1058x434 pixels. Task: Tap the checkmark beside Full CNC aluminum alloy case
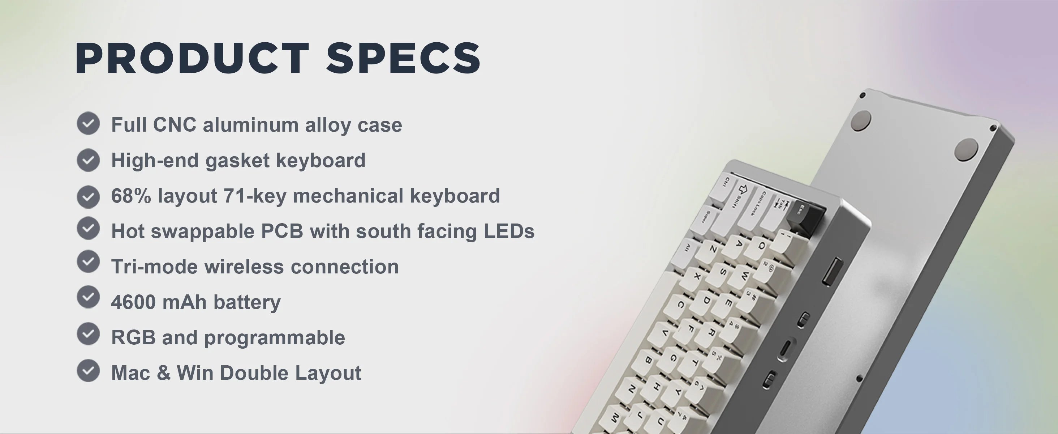tap(88, 123)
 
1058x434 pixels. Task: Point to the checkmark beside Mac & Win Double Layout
tap(88, 371)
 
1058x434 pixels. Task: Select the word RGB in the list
tap(133, 337)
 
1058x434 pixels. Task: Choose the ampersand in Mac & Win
tap(163, 373)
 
